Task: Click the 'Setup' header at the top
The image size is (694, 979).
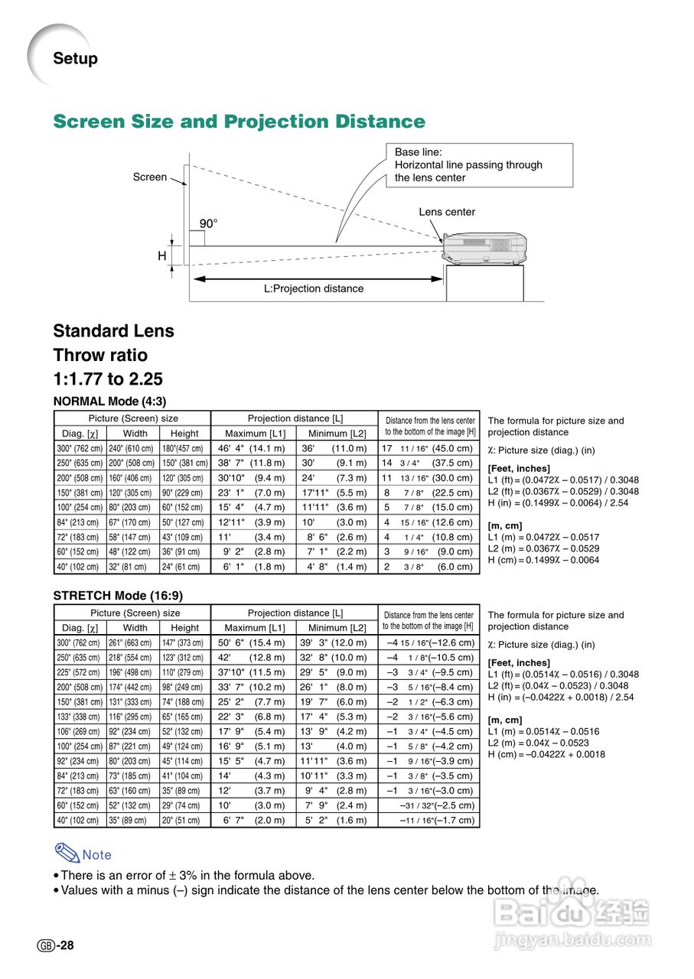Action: (x=75, y=58)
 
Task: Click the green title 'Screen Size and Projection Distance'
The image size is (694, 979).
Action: (x=239, y=122)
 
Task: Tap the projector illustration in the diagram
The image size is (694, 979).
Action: (x=485, y=246)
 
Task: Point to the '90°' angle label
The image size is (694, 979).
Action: (x=209, y=223)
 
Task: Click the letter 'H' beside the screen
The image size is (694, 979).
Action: (x=162, y=256)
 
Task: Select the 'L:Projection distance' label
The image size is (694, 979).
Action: (x=314, y=288)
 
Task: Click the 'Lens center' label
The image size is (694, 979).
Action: (x=447, y=212)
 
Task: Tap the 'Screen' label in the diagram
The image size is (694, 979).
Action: (x=150, y=177)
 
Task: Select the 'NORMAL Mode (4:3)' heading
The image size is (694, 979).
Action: (x=109, y=401)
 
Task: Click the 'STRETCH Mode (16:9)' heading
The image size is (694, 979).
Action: (x=118, y=595)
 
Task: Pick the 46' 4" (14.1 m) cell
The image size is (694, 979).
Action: (x=252, y=449)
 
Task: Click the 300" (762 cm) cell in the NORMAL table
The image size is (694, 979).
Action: (x=80, y=449)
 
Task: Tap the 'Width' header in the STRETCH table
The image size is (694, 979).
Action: (x=135, y=627)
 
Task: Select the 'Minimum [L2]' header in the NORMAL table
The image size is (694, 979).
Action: (x=337, y=434)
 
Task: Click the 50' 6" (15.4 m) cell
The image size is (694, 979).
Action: (x=252, y=643)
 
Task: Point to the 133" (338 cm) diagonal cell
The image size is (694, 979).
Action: (x=80, y=717)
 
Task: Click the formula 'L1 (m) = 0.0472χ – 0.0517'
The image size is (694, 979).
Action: (x=543, y=537)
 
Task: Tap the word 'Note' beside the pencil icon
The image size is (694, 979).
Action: (x=96, y=855)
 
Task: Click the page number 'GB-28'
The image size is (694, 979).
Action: (x=56, y=946)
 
